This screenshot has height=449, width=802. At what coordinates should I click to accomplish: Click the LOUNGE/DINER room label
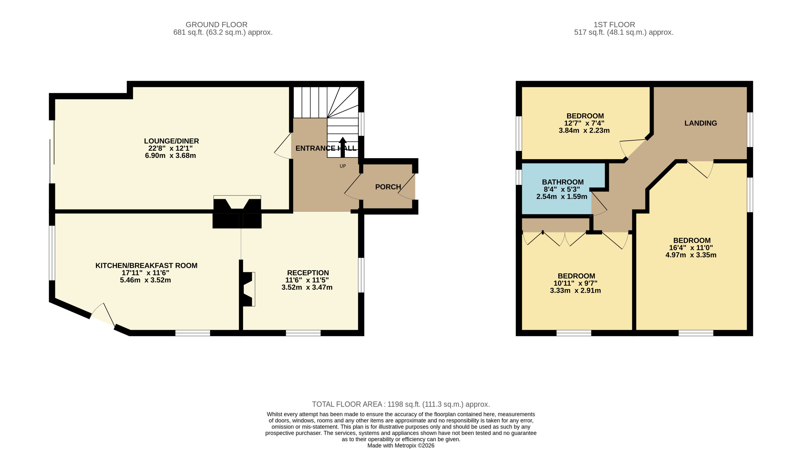171,141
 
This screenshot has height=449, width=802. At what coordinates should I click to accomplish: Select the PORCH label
388,187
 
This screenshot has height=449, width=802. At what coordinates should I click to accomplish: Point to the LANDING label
700,123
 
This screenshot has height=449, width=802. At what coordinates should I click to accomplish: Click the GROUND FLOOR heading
216,24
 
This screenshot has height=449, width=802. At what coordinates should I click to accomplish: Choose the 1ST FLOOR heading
614,24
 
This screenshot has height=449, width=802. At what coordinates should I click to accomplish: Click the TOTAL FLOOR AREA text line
401,404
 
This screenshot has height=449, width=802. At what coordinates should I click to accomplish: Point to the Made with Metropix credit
401,445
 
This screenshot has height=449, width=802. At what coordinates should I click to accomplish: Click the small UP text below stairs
343,166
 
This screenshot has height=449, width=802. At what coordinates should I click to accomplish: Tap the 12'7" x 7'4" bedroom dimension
584,123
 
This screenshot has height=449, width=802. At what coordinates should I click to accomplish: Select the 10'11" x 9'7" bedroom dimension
575,283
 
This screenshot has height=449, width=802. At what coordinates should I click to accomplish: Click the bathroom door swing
599,204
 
